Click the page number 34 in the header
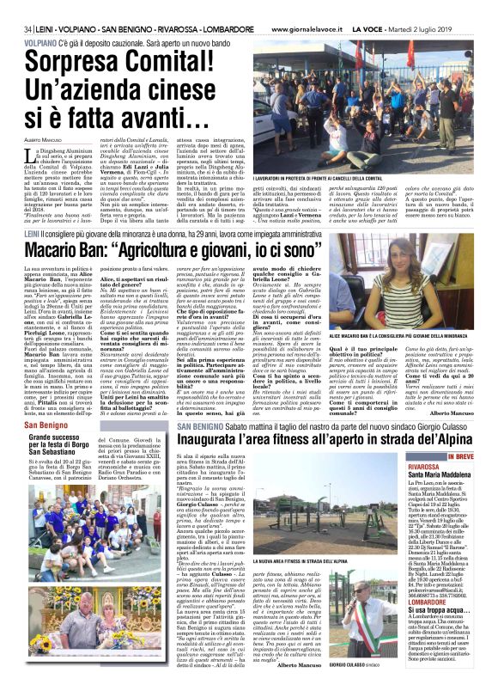16,7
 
